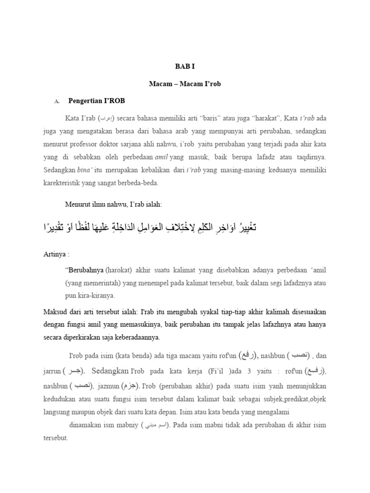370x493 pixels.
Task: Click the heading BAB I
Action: click(x=185, y=67)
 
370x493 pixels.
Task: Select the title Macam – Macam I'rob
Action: click(x=185, y=84)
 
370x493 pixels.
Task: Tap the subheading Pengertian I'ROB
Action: click(x=96, y=101)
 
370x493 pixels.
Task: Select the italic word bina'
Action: click(x=84, y=170)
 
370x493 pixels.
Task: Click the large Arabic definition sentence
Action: click(x=149, y=227)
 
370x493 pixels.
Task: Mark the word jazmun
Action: click(x=108, y=386)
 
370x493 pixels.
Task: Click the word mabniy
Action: click(x=126, y=426)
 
